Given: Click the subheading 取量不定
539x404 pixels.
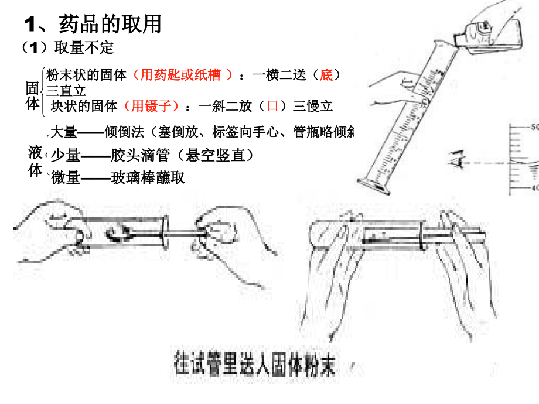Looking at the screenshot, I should pyautogui.click(x=84, y=47).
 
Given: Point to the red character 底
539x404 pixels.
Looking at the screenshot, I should pyautogui.click(x=326, y=75).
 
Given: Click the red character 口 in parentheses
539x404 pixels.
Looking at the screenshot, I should pyautogui.click(x=272, y=106).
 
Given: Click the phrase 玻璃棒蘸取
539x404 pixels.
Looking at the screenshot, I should pyautogui.click(x=148, y=177).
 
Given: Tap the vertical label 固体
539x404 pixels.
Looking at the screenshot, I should pyautogui.click(x=33, y=95).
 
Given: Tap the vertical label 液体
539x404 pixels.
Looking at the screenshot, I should pyautogui.click(x=35, y=162).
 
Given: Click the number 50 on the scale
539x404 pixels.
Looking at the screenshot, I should pyautogui.click(x=533, y=128).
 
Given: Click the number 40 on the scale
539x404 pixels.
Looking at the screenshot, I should pyautogui.click(x=533, y=188).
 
